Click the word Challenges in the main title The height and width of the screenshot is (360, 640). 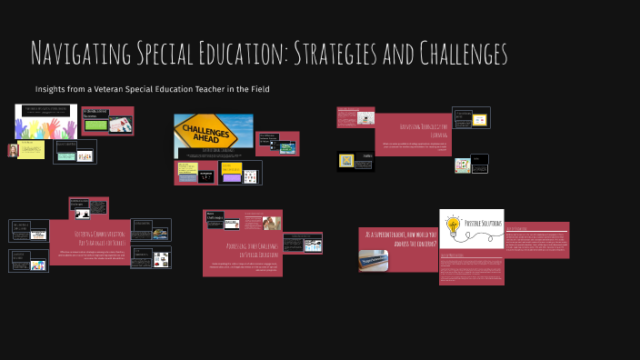tap(454, 54)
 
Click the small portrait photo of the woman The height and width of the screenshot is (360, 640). tap(13, 150)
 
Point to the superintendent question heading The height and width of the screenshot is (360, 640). tap(400, 238)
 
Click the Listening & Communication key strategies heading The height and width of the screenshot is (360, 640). tap(87, 237)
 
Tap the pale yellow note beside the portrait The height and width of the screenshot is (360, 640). tap(32, 148)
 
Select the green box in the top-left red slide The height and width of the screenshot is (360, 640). tap(95, 125)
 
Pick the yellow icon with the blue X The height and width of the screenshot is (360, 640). tap(346, 161)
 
